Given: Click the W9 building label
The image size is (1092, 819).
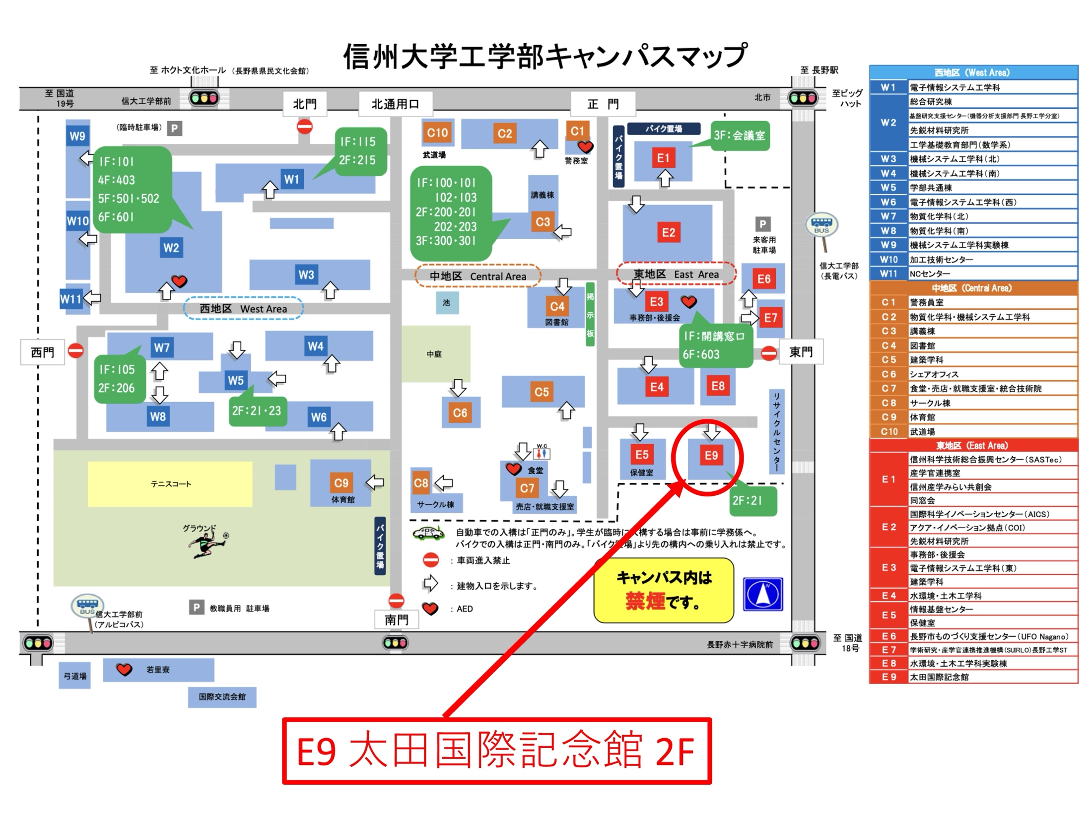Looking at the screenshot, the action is click(77, 136).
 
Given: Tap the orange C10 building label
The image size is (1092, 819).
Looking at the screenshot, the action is click(437, 133).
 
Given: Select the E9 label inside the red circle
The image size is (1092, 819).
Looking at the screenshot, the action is click(711, 455).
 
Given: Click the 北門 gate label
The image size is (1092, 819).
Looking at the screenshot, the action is click(305, 104).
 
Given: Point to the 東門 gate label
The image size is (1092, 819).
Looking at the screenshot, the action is click(801, 352).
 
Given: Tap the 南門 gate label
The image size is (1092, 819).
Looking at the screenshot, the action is click(397, 620).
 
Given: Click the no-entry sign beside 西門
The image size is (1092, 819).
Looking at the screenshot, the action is click(76, 351).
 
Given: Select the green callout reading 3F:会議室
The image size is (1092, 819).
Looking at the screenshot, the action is click(740, 136).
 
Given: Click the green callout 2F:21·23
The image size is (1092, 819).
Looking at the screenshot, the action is click(257, 410).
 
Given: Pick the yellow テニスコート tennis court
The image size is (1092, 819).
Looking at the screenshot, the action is click(170, 484).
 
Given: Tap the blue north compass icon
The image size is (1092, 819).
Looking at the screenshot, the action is click(763, 594).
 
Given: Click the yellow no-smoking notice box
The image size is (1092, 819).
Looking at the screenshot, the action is click(664, 590).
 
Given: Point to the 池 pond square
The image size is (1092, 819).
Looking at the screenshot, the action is click(447, 302).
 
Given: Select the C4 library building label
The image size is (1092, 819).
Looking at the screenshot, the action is click(557, 306).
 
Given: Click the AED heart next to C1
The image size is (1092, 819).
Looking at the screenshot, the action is click(586, 147).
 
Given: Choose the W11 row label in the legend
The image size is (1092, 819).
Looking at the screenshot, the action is click(888, 273).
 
